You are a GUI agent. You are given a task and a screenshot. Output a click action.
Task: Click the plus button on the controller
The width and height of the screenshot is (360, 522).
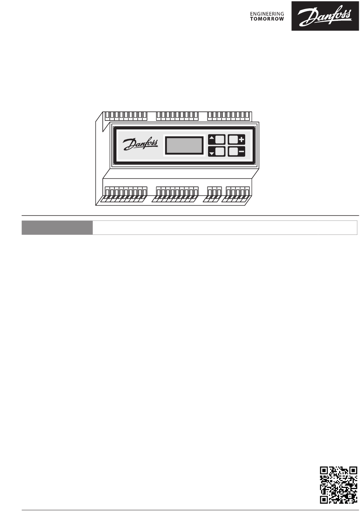tap(236, 139)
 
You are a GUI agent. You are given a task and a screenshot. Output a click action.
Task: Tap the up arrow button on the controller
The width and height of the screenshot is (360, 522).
tap(217, 139)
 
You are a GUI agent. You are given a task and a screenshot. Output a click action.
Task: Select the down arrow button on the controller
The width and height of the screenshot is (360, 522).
tap(217, 152)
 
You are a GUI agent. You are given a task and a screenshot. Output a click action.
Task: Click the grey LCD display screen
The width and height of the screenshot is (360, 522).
tap(185, 145)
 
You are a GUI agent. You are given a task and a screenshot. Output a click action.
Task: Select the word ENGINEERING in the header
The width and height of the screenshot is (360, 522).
tap(267, 14)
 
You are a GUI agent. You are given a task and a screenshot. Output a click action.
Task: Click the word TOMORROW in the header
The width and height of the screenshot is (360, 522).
tap(267, 19)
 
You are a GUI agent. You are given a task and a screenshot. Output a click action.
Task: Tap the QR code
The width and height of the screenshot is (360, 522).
tap(339, 485)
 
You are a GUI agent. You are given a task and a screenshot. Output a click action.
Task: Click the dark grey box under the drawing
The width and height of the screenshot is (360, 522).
tap(57, 228)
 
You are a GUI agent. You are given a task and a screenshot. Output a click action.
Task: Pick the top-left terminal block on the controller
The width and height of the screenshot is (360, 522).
tap(125, 115)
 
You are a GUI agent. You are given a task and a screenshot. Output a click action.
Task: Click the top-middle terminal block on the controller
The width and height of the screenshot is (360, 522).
tap(177, 115)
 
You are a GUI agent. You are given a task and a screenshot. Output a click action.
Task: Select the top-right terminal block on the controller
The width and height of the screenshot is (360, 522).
tap(229, 115)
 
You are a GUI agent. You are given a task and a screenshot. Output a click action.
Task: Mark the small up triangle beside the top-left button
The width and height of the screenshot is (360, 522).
tap(211, 138)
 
